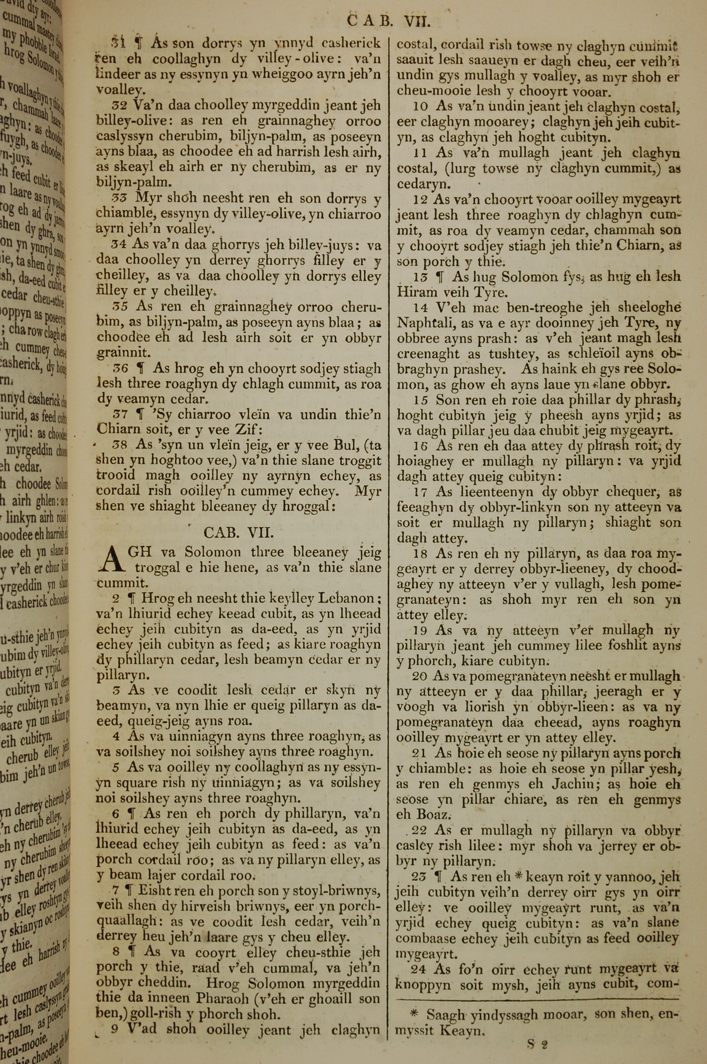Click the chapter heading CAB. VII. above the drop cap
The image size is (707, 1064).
click(x=239, y=533)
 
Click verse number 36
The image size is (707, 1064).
click(x=120, y=369)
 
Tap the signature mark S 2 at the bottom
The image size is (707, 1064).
click(x=537, y=1045)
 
